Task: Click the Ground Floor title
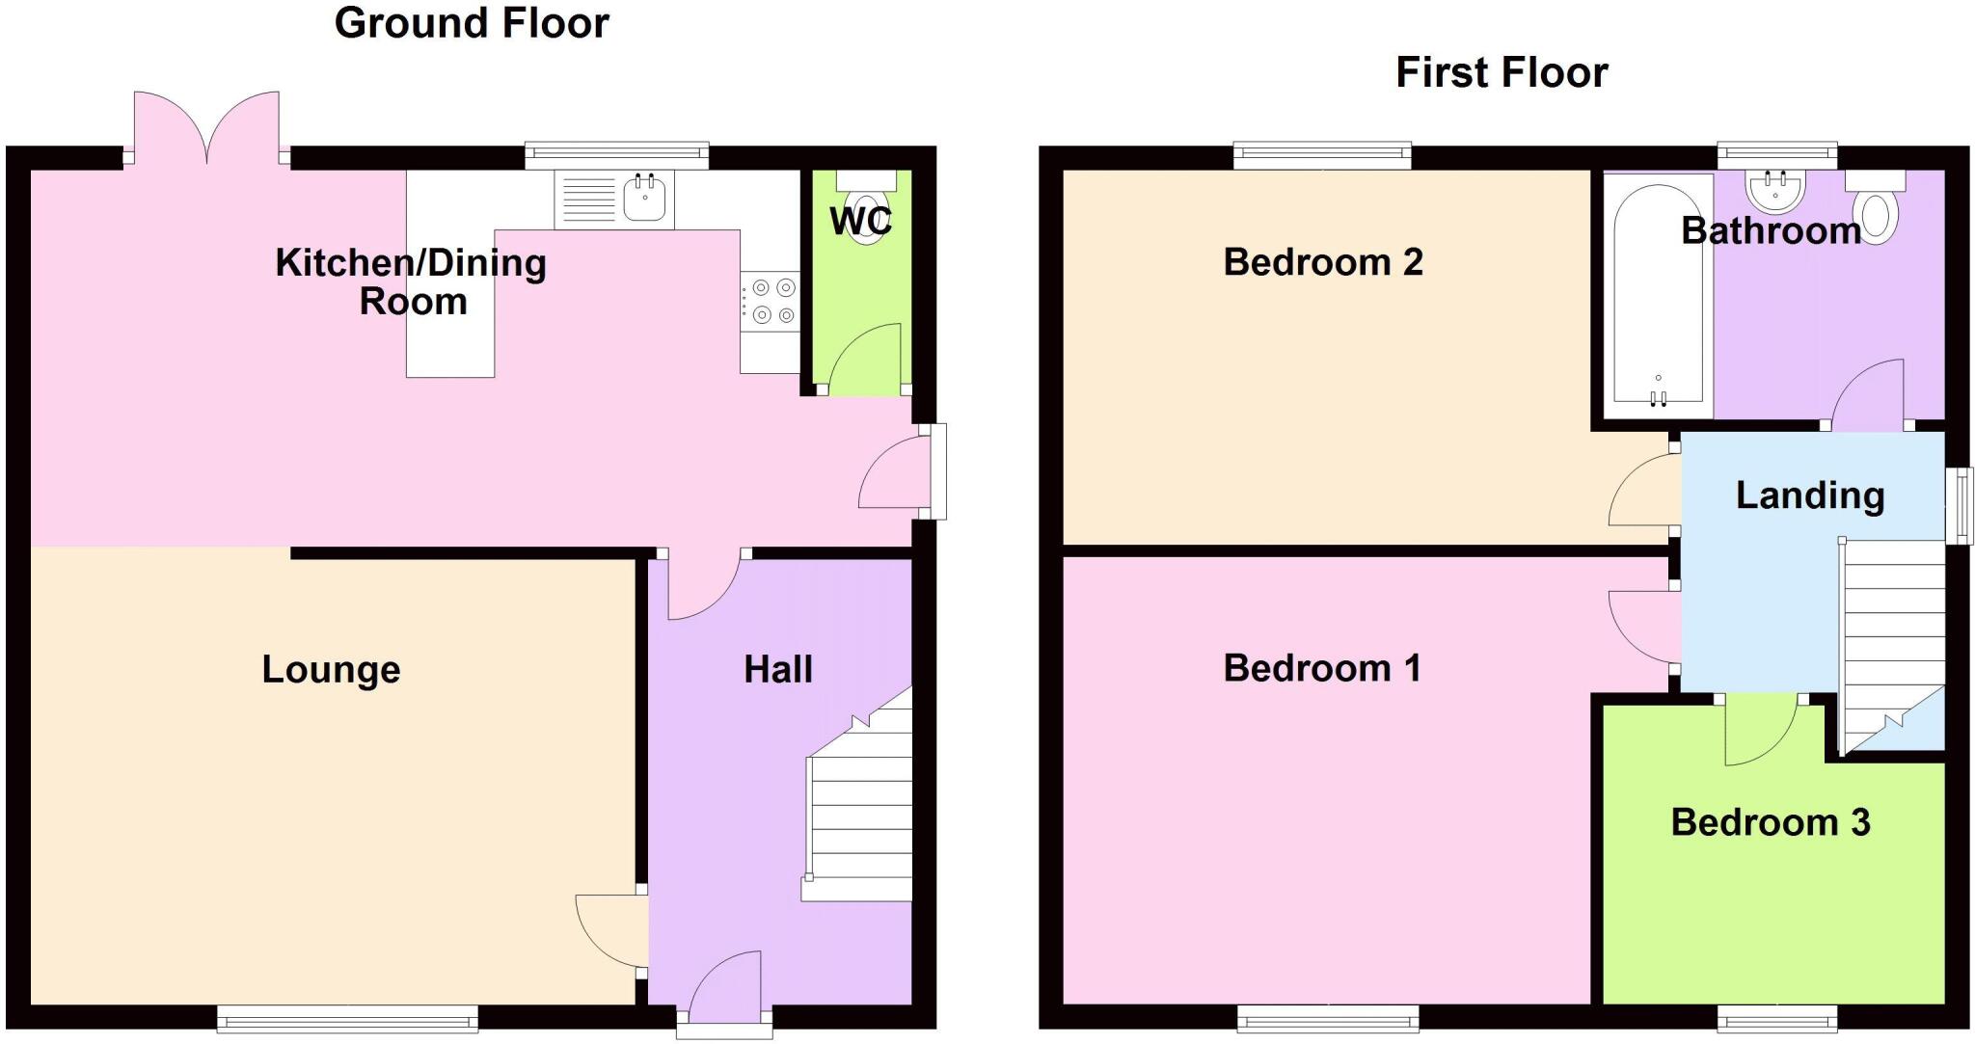point(472,23)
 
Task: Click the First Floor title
point(1502,73)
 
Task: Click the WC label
point(860,221)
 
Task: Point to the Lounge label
point(331,669)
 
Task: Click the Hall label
point(777,669)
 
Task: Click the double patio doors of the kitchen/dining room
point(206,130)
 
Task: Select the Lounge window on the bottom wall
point(347,1018)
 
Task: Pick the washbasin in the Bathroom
point(1775,192)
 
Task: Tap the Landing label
point(1809,495)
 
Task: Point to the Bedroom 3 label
point(1770,822)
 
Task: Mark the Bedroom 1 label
point(1321,668)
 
